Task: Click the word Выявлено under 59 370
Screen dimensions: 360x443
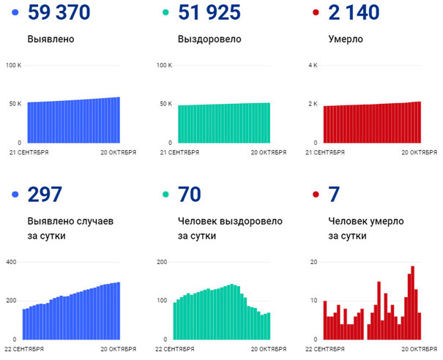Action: click(53, 39)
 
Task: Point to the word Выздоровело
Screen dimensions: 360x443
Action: click(209, 39)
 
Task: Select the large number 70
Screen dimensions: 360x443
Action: click(189, 195)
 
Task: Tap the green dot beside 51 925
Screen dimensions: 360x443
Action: click(165, 13)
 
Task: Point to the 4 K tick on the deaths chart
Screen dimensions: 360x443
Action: click(313, 66)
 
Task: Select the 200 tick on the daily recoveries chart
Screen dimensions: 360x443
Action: click(163, 262)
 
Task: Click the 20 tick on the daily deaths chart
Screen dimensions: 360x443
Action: click(313, 262)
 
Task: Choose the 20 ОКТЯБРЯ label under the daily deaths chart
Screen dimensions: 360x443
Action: click(418, 350)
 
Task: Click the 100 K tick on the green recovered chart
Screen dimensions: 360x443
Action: click(164, 66)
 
